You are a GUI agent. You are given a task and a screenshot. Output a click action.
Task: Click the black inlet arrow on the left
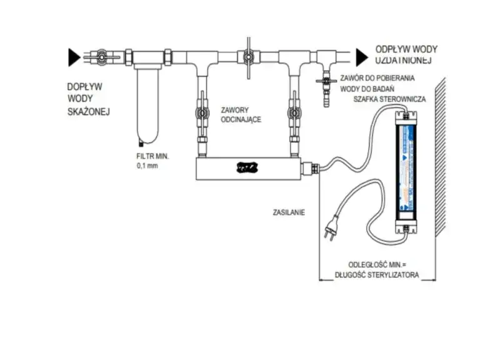point(73,58)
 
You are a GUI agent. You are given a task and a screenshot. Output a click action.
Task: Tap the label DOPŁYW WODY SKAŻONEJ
point(88,99)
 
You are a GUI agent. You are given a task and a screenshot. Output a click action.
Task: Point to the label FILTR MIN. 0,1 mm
point(153,161)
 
